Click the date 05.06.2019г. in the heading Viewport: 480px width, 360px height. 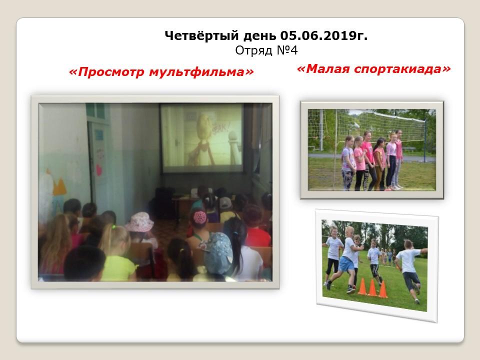click(x=324, y=36)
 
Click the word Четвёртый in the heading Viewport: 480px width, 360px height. click(x=201, y=36)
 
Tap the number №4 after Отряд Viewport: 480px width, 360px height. click(x=287, y=50)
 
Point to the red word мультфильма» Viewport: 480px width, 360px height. click(x=201, y=72)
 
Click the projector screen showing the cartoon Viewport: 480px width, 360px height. click(x=202, y=138)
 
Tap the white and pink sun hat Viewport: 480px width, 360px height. click(x=139, y=222)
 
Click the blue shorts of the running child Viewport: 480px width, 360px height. click(x=347, y=264)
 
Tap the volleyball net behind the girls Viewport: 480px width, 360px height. click(x=367, y=125)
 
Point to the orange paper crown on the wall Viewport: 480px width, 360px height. click(x=59, y=186)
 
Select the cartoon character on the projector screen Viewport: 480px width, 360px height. click(x=202, y=139)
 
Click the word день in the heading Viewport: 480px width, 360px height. click(x=259, y=36)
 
